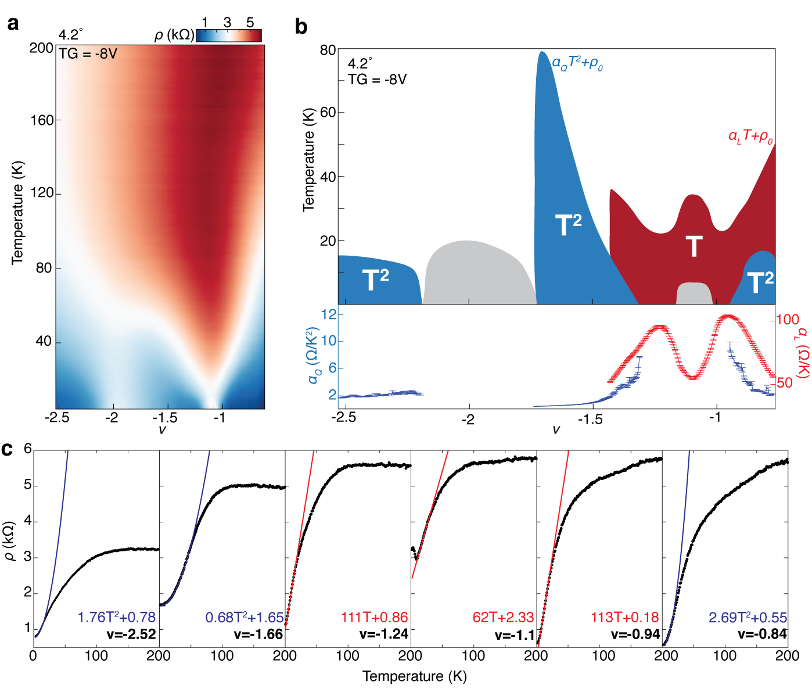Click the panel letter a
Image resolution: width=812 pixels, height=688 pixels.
click(x=13, y=23)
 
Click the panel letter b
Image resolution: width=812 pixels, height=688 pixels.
click(x=301, y=27)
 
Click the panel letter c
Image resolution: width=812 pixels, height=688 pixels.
click(x=8, y=449)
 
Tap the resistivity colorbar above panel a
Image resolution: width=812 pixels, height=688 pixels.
click(x=229, y=36)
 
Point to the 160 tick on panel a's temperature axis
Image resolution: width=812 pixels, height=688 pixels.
click(x=42, y=120)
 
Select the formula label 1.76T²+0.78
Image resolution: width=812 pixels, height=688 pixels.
click(x=117, y=617)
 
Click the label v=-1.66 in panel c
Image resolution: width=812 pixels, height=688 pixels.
click(x=258, y=634)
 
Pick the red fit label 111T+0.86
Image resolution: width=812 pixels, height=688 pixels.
click(x=375, y=617)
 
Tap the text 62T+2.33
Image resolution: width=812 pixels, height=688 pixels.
click(x=503, y=617)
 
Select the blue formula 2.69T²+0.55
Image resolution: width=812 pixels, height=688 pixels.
click(x=748, y=617)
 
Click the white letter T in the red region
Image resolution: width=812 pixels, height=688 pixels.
click(x=694, y=246)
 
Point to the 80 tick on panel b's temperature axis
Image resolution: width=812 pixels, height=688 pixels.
click(x=328, y=51)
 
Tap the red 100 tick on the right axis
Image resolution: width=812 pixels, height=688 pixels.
click(x=788, y=320)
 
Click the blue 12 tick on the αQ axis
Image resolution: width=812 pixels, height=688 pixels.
click(x=329, y=314)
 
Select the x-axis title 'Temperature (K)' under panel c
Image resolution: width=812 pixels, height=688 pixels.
click(x=415, y=676)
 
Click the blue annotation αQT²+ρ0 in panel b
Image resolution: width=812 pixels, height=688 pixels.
click(x=577, y=63)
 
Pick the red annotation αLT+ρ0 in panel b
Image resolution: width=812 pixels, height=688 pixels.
click(x=750, y=137)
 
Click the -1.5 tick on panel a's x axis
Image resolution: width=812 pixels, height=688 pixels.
click(x=166, y=417)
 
